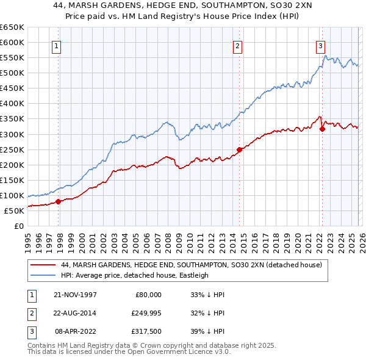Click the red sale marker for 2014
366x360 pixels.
coord(239,149)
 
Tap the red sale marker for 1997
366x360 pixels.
coord(59,201)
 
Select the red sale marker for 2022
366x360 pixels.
coord(322,128)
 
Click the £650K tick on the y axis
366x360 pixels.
coord(12,27)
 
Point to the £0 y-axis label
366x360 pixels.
coord(20,226)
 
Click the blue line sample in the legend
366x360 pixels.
coord(43,275)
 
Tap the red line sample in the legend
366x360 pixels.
coord(43,265)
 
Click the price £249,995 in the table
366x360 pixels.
coord(145,313)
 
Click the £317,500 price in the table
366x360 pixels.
coord(145,332)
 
